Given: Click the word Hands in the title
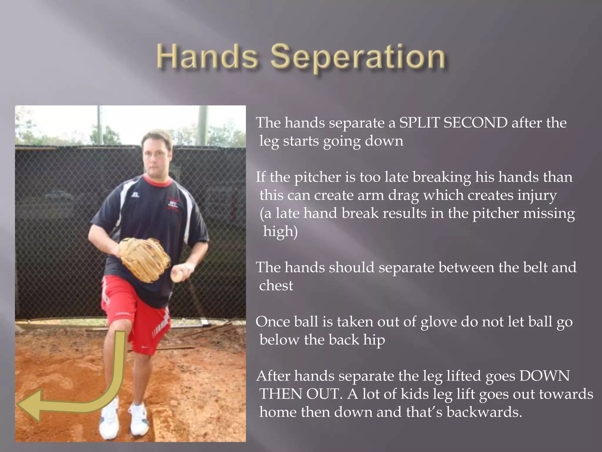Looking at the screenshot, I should tap(207, 56).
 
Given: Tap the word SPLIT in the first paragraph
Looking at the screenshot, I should tap(419, 123).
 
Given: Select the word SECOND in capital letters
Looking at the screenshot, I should tap(475, 123).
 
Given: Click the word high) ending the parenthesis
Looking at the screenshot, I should tap(280, 232).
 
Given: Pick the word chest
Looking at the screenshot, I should tap(276, 286).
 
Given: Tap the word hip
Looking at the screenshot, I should tap(374, 340).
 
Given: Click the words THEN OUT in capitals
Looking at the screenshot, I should tap(300, 394).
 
